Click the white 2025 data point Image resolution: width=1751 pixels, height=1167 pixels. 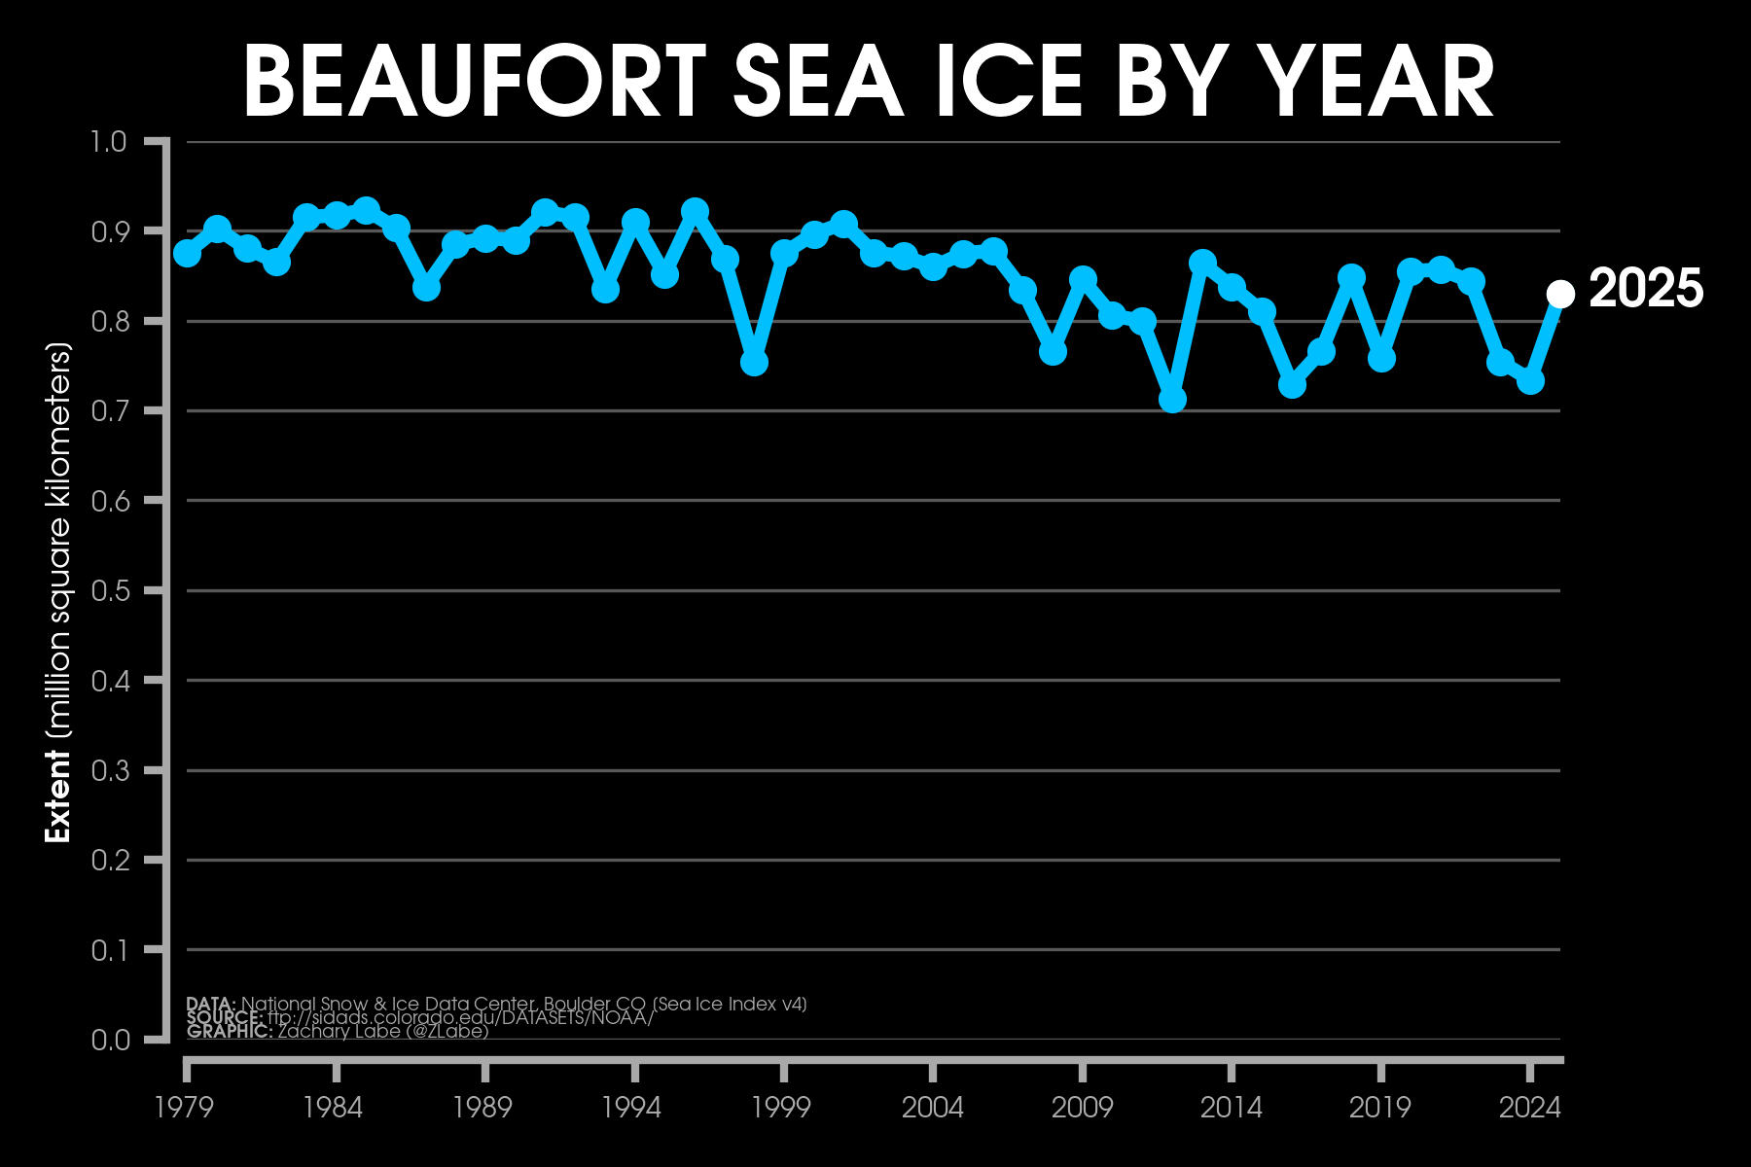tap(1560, 294)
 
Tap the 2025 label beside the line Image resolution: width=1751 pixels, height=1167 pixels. tap(1646, 289)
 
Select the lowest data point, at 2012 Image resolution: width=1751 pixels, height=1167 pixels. tap(1172, 400)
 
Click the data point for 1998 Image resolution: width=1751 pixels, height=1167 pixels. tap(754, 363)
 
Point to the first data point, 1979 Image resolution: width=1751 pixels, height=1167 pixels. tap(187, 254)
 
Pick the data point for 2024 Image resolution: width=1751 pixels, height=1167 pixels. tap(1530, 381)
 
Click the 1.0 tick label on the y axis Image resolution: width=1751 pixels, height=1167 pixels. tap(108, 142)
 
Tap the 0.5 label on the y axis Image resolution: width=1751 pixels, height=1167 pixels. tap(108, 591)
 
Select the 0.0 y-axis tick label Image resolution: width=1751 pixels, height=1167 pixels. tap(108, 1040)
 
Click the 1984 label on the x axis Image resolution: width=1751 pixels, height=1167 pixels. tap(334, 1108)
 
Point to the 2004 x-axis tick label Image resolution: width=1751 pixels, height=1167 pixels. tap(932, 1108)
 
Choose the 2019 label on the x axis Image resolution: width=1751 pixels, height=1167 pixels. tap(1379, 1108)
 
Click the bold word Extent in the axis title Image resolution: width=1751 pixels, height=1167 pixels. tap(58, 809)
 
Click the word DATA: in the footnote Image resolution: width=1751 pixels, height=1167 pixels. tap(210, 1004)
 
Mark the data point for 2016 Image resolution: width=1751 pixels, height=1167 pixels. tap(1292, 385)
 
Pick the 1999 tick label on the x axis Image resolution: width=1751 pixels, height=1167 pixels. tap(782, 1108)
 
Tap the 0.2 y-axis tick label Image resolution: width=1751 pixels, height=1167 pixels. tap(108, 860)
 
